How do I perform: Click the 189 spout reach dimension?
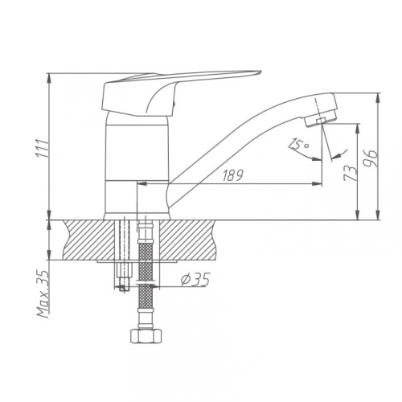[232, 175]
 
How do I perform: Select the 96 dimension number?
[371, 158]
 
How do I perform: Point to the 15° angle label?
[299, 145]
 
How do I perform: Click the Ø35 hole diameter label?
[195, 280]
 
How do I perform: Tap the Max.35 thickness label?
[43, 293]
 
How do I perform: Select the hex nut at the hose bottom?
[146, 335]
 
